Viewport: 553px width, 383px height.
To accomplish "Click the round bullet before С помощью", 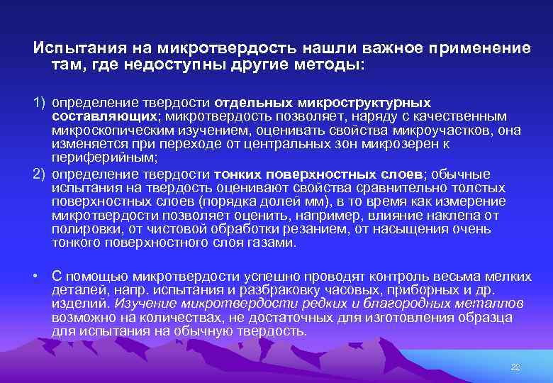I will click(35, 275).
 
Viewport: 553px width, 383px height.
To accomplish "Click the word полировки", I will click(82, 228).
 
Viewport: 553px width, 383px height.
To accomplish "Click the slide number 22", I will click(515, 367).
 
